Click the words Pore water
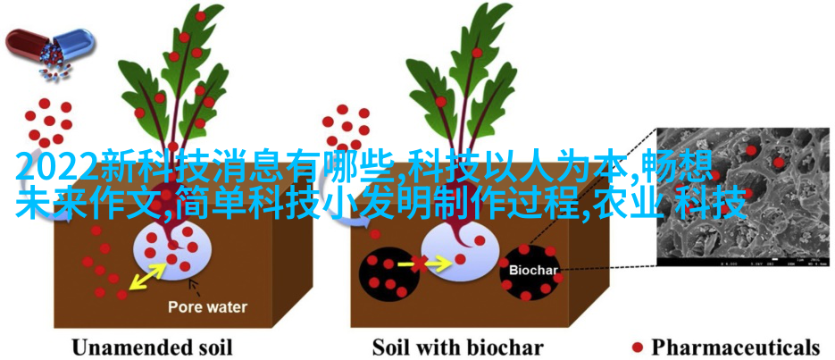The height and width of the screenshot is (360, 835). click(208, 307)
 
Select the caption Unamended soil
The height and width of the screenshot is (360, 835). click(152, 347)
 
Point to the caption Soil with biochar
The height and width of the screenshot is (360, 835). click(457, 347)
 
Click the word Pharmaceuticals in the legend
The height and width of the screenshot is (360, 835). click(735, 347)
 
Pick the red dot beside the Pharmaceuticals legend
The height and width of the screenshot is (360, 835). click(638, 347)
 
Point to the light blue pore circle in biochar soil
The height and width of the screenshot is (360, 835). click(460, 250)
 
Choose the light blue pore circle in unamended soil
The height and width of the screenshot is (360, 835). click(172, 250)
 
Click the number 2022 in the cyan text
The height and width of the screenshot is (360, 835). click(57, 167)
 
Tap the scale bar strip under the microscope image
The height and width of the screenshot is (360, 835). click(744, 262)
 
